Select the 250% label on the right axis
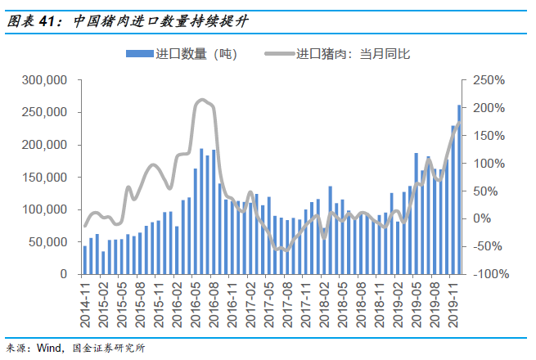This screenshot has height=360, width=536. pyautogui.click(x=489, y=81)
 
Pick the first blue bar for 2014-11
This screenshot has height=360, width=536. pyautogui.click(x=85, y=260)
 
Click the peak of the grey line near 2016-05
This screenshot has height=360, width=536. pyautogui.click(x=201, y=101)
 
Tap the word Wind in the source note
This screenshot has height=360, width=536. pyautogui.click(x=50, y=348)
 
